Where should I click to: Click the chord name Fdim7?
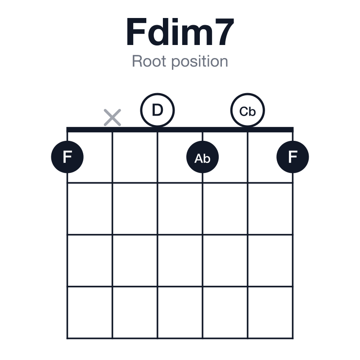coord(180,32)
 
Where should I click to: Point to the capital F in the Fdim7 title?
coord(136,32)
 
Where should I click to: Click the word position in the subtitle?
coord(200,62)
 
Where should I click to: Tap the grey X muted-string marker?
coord(112,117)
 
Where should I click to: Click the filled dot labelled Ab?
coord(202,157)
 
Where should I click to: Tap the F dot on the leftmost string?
coord(67,157)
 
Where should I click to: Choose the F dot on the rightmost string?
coord(293,157)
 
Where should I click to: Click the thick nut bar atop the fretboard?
coord(180,130)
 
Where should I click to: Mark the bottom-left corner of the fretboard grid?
coord(67,338)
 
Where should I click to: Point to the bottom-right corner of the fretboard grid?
coord(293,338)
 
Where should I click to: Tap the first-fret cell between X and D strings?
coord(135,157)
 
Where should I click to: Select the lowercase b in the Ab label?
coord(207,158)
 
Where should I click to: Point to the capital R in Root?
coord(138,61)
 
